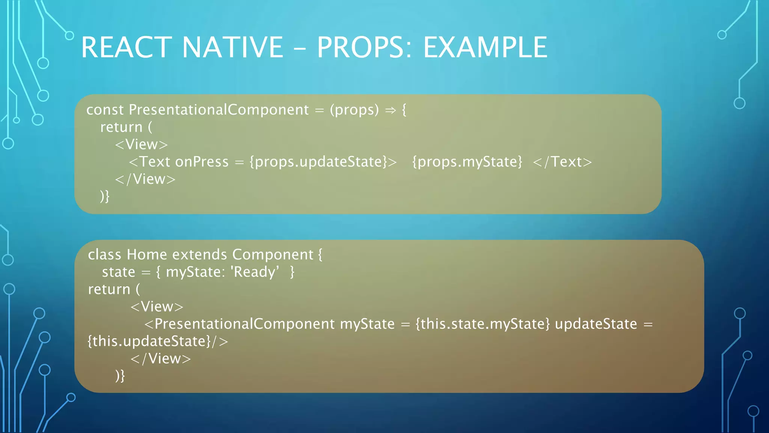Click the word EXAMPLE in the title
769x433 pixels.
coord(485,47)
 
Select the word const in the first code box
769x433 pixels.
coord(105,110)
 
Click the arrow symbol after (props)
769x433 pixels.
coord(391,110)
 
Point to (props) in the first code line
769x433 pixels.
coord(354,110)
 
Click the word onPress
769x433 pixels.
coord(202,162)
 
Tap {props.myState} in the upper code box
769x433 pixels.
coord(467,162)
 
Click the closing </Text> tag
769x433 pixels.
coord(562,162)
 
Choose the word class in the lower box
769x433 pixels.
coord(104,254)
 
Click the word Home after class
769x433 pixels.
coord(147,254)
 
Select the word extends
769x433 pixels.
coord(200,254)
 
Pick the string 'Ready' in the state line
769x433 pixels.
coord(255,272)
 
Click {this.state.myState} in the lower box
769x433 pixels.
coord(483,324)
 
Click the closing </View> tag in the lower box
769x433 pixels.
coord(161,359)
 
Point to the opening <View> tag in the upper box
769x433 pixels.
coord(141,144)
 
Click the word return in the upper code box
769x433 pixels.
coord(121,127)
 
